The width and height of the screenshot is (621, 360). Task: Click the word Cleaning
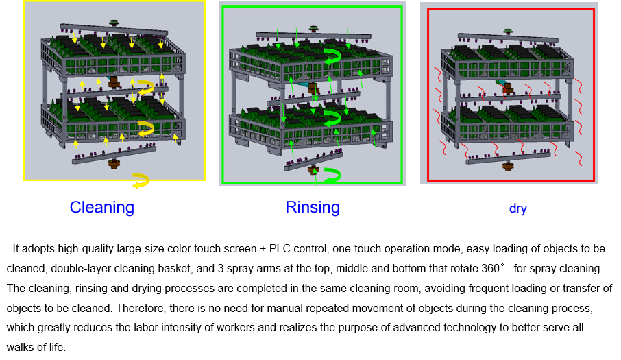pos(101,207)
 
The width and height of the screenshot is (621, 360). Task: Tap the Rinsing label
pos(313,207)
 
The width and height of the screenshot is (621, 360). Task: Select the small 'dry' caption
pos(517,208)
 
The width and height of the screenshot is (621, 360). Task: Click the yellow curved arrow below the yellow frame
pos(141,181)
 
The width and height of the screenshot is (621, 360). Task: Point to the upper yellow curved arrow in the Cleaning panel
pos(145,87)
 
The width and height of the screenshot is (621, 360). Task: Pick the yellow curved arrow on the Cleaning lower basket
pos(145,128)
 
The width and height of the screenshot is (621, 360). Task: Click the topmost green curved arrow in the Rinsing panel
pos(332,57)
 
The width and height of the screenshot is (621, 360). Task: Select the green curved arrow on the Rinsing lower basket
pos(332,119)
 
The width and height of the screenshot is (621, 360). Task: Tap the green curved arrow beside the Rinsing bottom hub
pos(332,176)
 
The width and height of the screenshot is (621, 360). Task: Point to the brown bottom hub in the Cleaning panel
pos(114,163)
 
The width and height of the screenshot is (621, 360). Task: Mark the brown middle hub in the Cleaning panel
pos(114,83)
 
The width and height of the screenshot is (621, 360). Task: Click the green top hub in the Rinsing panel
pos(314,29)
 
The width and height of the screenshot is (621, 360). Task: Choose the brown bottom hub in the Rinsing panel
pos(313,169)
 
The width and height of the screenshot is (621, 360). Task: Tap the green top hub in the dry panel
pos(508,31)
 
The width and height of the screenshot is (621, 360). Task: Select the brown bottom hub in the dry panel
pos(508,166)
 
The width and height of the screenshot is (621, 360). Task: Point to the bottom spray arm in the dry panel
pos(508,158)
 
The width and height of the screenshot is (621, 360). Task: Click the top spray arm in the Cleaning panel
pos(114,30)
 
